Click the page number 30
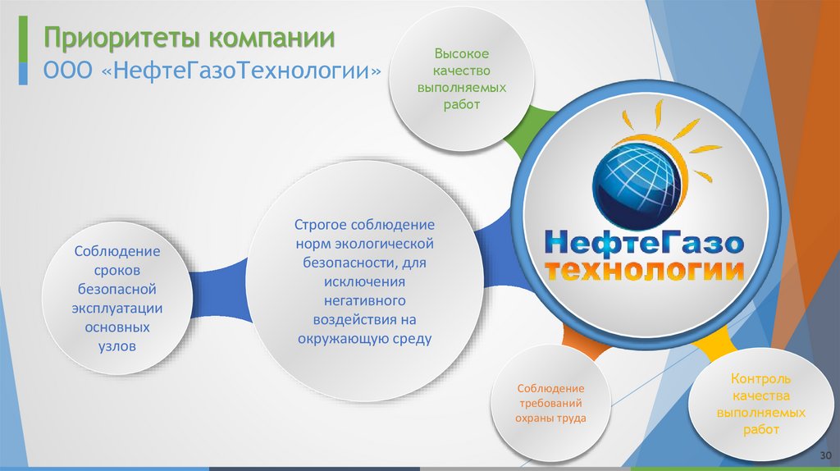[825, 455]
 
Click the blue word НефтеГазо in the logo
[644, 242]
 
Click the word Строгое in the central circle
[322, 225]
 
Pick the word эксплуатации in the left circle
[117, 308]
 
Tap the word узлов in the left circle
[117, 346]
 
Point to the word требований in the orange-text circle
[550, 403]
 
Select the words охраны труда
[550, 418]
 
